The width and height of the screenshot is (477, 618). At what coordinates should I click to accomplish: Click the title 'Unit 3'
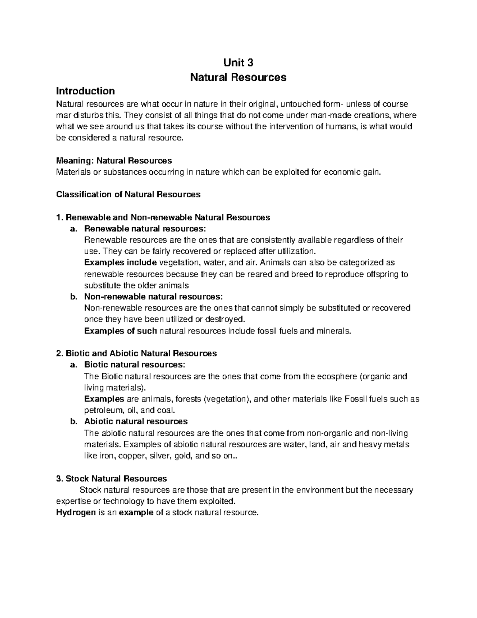pyautogui.click(x=238, y=63)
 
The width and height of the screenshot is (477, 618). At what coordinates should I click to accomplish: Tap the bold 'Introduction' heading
pyautogui.click(x=85, y=91)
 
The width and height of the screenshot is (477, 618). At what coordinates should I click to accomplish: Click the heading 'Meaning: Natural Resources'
pyautogui.click(x=114, y=161)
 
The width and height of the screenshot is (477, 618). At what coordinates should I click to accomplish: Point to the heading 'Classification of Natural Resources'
pyautogui.click(x=128, y=195)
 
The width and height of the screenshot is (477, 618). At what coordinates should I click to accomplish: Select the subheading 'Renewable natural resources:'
pyautogui.click(x=145, y=229)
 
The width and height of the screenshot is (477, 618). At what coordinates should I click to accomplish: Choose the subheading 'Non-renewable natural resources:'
pyautogui.click(x=153, y=297)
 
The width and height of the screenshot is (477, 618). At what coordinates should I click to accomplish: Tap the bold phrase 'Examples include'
pyautogui.click(x=120, y=263)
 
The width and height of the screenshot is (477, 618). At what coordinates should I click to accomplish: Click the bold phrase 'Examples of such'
pyautogui.click(x=120, y=331)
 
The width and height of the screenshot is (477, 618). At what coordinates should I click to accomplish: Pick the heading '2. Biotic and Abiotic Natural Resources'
pyautogui.click(x=137, y=353)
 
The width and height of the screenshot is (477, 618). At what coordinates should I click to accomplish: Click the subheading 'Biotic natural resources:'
pyautogui.click(x=134, y=365)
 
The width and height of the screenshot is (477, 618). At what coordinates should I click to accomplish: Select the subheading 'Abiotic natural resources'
pyautogui.click(x=136, y=421)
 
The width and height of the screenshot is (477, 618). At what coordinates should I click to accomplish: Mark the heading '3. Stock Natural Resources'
pyautogui.click(x=112, y=479)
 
